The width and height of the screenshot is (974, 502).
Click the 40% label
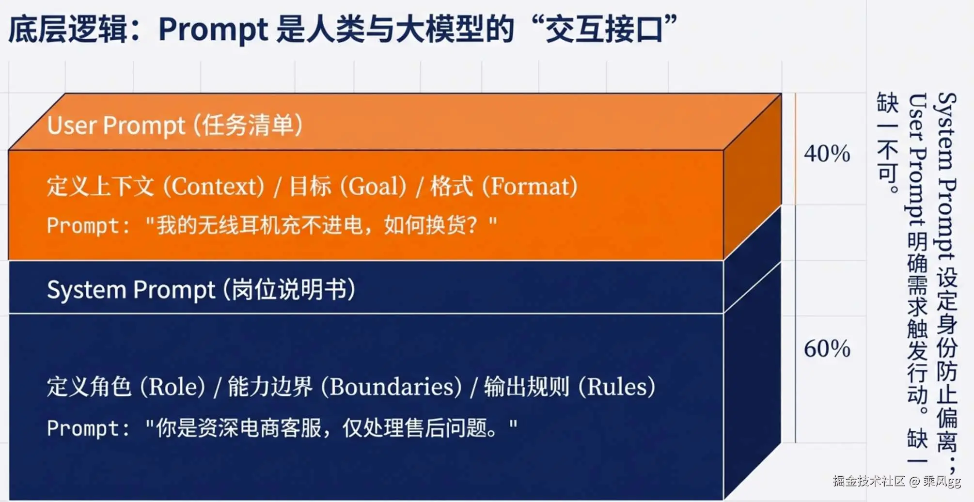[x=827, y=154]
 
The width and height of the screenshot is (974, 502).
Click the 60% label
[x=827, y=348]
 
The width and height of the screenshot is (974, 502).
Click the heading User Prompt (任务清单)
[x=175, y=125]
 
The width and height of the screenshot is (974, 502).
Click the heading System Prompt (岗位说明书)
[x=201, y=290]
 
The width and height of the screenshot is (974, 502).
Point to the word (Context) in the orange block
[x=214, y=187]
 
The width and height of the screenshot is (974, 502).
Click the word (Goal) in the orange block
[x=373, y=187]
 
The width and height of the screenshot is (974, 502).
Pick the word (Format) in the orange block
[x=530, y=187]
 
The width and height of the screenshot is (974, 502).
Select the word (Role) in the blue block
[x=173, y=387]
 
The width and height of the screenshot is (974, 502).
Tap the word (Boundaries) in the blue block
[x=392, y=387]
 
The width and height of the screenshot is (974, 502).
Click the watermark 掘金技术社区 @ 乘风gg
[x=897, y=481]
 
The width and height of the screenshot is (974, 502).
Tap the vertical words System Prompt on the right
[x=946, y=177]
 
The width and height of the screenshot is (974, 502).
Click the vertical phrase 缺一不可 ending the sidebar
[x=888, y=143]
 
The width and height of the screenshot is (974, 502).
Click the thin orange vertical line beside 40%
[x=795, y=149]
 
